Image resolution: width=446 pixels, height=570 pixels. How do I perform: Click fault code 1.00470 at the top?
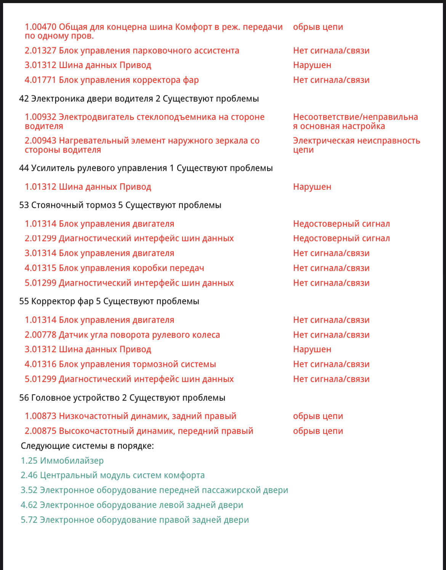40,27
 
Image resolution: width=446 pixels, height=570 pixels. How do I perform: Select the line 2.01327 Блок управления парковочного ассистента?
132,51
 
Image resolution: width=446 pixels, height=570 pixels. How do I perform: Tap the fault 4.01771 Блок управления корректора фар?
112,80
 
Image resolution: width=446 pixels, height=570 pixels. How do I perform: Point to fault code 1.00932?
40,117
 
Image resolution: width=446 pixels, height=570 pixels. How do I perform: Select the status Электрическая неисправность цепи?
356,145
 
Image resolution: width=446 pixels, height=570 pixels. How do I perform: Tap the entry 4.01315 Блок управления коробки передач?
114,268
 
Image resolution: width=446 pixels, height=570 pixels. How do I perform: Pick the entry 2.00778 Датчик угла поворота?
122,335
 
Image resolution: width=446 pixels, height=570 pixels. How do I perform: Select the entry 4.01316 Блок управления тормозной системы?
120,364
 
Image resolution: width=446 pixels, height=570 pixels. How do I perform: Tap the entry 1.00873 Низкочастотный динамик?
130,416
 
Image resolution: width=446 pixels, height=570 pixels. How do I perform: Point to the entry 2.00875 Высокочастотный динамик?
139,431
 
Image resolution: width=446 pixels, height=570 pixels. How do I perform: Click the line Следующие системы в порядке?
87,446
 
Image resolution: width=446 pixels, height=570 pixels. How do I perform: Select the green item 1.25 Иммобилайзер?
62,461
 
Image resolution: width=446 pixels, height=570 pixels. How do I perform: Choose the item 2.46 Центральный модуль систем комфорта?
112,475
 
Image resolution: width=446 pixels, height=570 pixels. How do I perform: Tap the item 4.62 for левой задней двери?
132,505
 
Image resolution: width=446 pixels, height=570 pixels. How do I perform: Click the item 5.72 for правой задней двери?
135,520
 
